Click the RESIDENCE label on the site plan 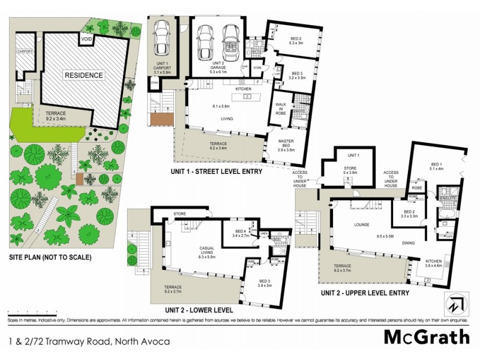pos(85,76)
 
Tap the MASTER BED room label pos(285,143)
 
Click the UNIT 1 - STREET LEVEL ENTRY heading pos(217,172)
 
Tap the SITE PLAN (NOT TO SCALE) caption pos(50,258)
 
